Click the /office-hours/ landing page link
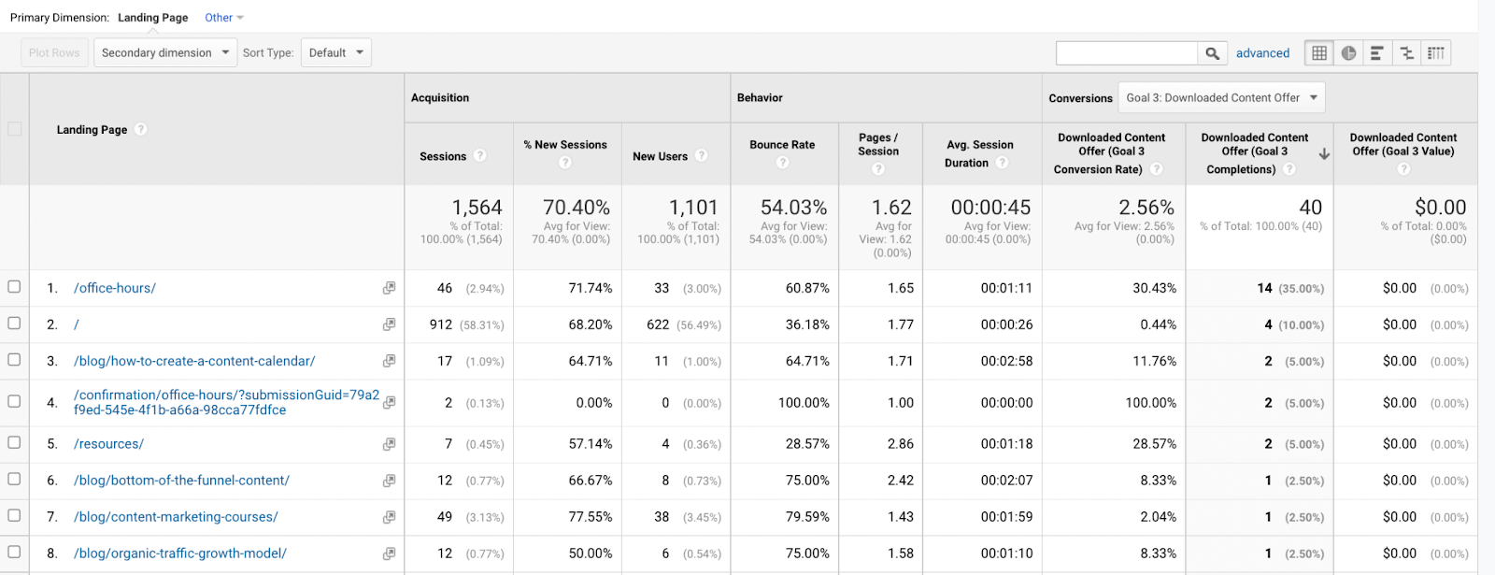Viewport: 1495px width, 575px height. (x=115, y=288)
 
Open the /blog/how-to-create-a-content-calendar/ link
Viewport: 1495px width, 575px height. (x=194, y=361)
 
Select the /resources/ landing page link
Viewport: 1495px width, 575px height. (x=108, y=444)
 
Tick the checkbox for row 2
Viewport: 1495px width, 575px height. (x=14, y=323)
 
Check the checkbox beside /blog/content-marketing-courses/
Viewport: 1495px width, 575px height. (x=14, y=515)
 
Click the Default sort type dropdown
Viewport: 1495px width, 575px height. (x=335, y=52)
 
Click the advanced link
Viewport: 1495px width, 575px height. (x=1262, y=53)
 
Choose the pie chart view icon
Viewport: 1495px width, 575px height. (x=1348, y=53)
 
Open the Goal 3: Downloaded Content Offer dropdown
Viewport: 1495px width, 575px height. (x=1221, y=97)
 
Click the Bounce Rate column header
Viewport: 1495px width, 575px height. (x=782, y=145)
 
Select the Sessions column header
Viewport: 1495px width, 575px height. (x=443, y=156)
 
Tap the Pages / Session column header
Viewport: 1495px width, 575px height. (x=878, y=144)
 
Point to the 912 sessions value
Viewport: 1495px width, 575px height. (x=440, y=324)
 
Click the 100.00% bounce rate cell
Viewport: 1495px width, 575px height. (x=804, y=403)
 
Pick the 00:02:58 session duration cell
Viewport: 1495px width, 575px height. (x=1006, y=361)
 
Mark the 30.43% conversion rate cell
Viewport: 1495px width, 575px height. (x=1154, y=288)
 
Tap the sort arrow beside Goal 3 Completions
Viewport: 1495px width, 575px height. (x=1324, y=154)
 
